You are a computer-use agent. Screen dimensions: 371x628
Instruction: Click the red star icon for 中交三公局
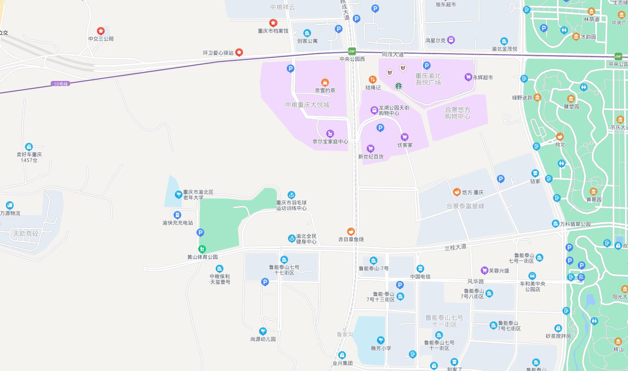101,31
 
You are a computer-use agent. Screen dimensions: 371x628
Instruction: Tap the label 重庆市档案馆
273,31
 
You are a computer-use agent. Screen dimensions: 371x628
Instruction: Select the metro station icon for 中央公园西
352,51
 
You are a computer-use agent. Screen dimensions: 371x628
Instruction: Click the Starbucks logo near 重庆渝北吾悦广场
399,86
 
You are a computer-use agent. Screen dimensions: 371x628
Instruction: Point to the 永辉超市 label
482,78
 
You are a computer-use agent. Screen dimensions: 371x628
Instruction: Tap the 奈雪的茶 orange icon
325,82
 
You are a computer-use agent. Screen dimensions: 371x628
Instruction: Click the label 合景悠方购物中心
457,113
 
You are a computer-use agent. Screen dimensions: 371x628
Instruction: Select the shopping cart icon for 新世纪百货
371,149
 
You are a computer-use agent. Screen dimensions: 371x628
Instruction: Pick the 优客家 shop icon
405,137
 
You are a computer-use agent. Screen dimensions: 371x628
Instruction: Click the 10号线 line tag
61,84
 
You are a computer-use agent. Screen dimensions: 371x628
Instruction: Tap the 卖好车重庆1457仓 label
29,157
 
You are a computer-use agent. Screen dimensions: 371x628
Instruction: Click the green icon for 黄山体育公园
203,249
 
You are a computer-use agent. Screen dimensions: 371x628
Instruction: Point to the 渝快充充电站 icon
178,215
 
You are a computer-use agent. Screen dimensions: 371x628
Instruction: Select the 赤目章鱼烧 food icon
351,231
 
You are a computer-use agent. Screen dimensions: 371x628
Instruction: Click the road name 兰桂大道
455,247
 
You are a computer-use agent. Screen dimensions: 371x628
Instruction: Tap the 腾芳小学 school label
381,348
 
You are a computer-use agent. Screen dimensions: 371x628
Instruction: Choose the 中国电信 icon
420,268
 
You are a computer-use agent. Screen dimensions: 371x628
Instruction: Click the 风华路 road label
476,282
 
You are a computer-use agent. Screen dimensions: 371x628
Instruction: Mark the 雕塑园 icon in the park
571,99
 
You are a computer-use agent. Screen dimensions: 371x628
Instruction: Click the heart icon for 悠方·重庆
457,192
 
